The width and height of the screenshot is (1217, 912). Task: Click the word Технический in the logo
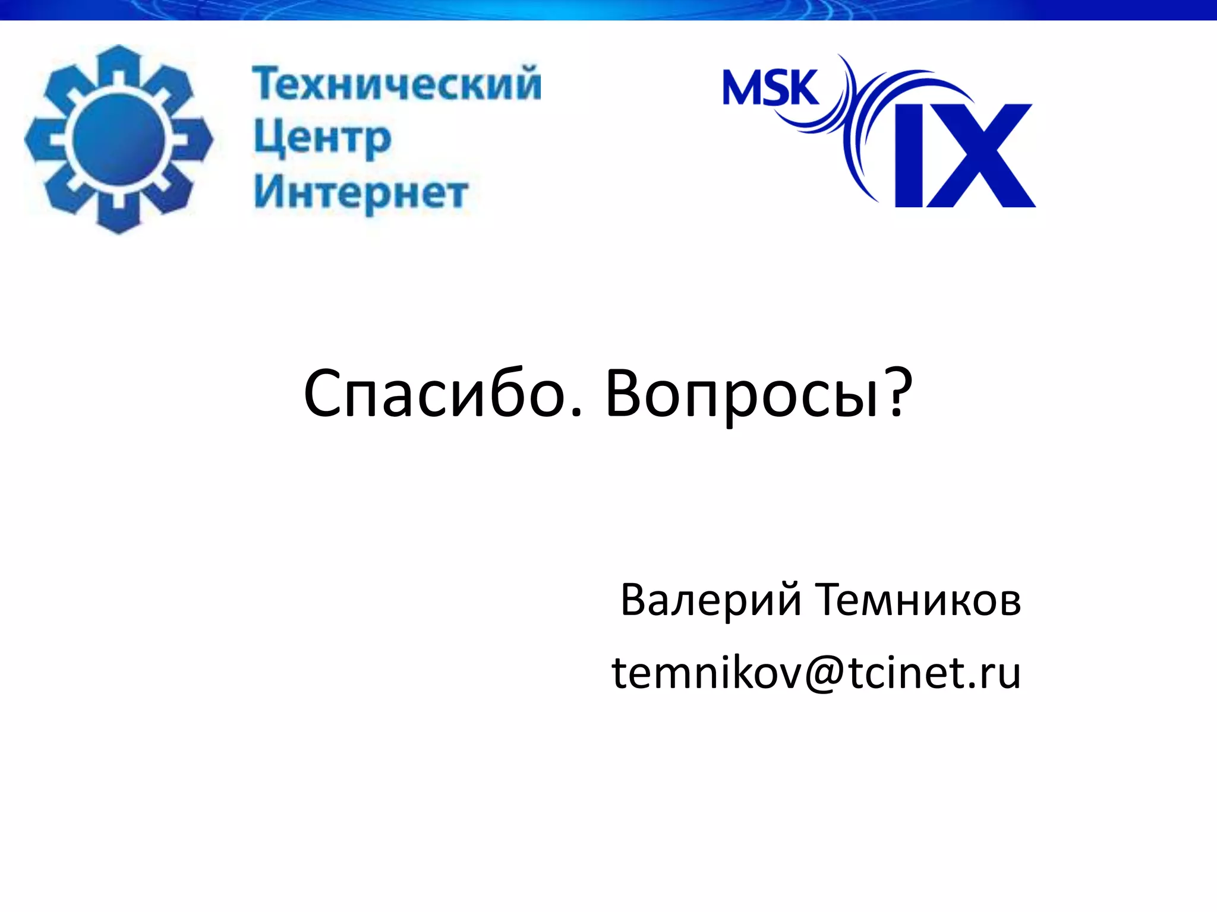click(397, 84)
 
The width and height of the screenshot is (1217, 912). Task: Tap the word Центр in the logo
click(323, 140)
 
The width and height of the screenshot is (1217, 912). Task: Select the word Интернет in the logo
click(361, 193)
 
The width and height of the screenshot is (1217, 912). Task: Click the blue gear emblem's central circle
click(118, 138)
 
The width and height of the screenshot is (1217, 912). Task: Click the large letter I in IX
click(909, 156)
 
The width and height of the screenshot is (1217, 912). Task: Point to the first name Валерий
click(711, 601)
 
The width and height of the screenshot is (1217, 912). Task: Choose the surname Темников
click(918, 601)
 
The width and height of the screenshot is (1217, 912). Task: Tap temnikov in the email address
click(707, 673)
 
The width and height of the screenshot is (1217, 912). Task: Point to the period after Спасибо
click(576, 412)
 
